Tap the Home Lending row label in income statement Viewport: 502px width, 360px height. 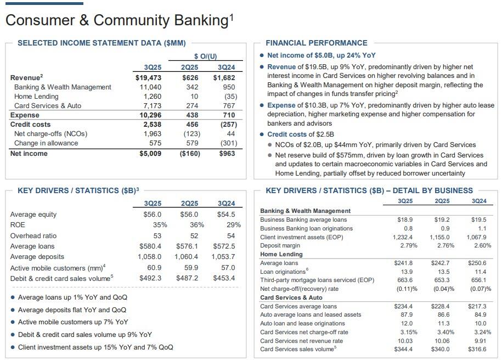click(x=36, y=97)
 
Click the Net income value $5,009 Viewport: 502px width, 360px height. click(x=150, y=154)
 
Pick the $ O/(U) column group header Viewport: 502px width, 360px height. click(x=206, y=56)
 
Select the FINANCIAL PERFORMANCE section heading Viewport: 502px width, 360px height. click(x=317, y=43)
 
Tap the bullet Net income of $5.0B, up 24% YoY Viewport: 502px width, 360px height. click(x=321, y=55)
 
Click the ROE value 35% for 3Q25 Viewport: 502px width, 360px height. click(x=160, y=225)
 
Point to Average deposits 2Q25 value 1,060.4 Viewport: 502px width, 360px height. click(x=187, y=257)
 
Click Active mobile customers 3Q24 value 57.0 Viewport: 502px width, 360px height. click(x=226, y=268)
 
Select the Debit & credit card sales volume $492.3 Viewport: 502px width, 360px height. click(x=151, y=278)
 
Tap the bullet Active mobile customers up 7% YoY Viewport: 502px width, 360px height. click(x=73, y=322)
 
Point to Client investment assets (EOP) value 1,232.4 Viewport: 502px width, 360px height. click(x=402, y=237)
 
